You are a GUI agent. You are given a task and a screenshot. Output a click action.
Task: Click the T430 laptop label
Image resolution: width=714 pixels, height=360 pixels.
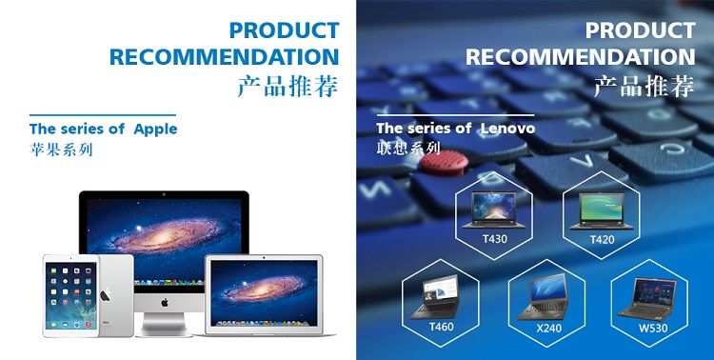pos(494,239)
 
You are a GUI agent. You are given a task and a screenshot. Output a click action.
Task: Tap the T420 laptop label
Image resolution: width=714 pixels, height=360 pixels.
pos(602,239)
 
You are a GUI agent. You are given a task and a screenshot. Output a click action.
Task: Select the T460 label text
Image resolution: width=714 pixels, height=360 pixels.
pos(441,327)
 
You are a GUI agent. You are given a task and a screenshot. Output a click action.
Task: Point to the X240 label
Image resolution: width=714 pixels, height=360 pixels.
pos(548,328)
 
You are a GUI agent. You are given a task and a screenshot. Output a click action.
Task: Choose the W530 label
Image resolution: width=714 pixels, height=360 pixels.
pos(653,328)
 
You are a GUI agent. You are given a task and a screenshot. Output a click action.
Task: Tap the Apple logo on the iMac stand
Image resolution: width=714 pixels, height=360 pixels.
pos(165,302)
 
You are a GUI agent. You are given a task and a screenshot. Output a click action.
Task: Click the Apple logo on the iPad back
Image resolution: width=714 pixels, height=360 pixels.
pos(106,294)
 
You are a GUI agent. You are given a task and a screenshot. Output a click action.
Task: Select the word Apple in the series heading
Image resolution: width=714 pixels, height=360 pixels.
pos(155,130)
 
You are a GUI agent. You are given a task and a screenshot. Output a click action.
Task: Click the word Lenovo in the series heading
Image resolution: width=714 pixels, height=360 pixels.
pos(507,129)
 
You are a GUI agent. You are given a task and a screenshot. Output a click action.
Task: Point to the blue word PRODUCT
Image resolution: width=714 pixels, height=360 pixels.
pos(284,30)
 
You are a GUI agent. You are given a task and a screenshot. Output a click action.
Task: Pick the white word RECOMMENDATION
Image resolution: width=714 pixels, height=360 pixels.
pos(581,57)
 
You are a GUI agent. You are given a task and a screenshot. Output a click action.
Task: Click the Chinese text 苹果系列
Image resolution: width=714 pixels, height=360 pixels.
pos(61,150)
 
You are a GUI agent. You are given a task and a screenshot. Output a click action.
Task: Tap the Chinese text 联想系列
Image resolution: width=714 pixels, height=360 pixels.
pos(408,149)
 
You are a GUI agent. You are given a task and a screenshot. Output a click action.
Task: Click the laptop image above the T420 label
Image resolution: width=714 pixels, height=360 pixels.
pos(602,211)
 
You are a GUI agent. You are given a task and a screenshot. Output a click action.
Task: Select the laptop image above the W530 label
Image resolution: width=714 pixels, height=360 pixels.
pos(647,298)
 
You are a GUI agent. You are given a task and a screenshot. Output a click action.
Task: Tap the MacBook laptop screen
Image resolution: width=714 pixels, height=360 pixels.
pos(264,291)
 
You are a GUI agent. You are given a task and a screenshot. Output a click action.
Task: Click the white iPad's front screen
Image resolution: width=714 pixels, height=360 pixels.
pos(70,295)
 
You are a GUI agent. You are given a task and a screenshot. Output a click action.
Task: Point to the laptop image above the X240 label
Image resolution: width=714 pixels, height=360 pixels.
pos(543,296)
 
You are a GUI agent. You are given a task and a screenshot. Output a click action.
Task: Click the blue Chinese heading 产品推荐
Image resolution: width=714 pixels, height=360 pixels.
pos(288,86)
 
